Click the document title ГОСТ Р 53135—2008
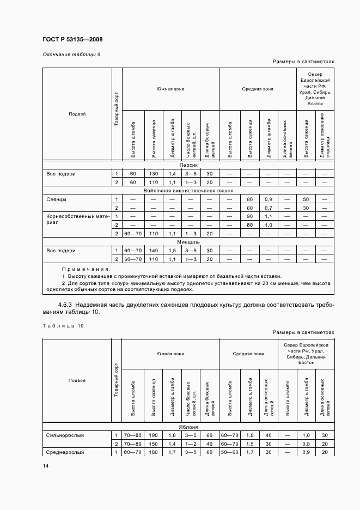72,40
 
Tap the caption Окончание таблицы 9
71,54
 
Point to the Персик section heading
188,165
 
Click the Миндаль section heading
188,241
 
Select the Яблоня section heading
188,427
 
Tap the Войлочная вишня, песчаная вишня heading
188,191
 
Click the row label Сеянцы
57,199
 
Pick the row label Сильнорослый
66,435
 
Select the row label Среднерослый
66,452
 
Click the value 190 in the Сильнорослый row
154,435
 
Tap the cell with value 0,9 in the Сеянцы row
268,199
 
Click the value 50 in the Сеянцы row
306,199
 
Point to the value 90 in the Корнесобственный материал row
250,216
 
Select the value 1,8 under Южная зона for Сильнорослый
172,435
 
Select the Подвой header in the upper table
77,114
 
